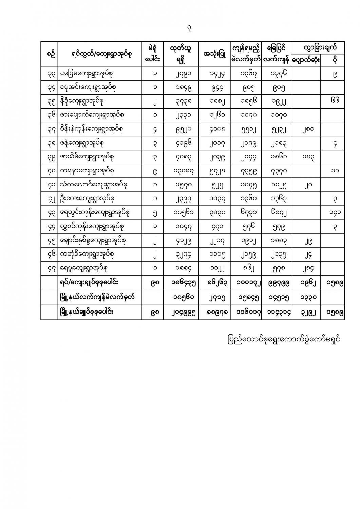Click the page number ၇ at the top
coord(189,30)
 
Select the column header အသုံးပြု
coord(215,54)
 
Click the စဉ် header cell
coord(49,54)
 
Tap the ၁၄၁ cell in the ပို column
coord(335,212)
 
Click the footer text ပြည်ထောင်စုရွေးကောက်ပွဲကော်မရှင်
coord(284,339)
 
